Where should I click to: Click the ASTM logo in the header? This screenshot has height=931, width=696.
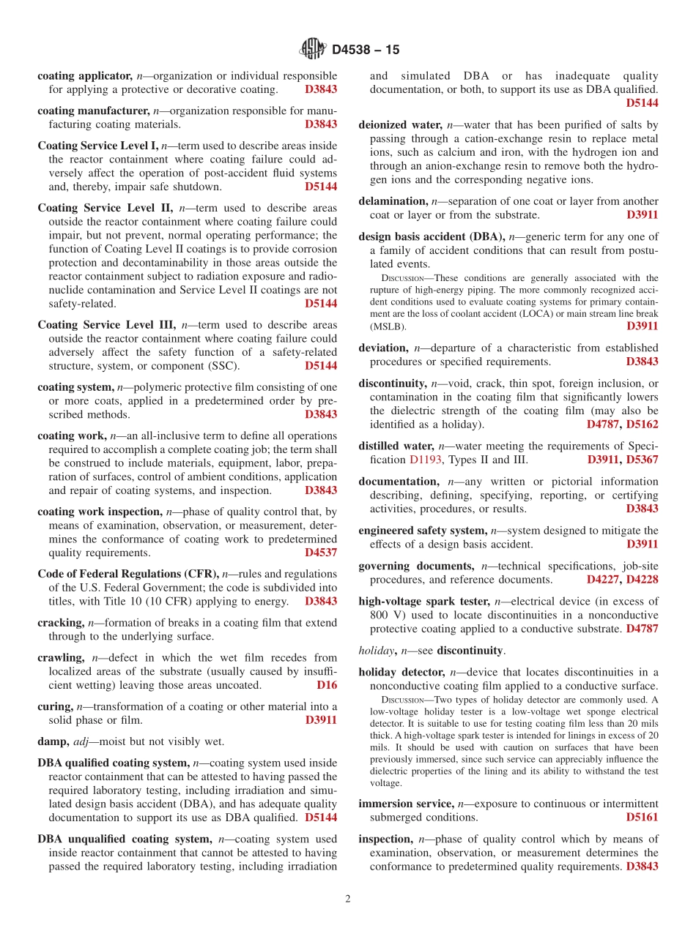pos(313,50)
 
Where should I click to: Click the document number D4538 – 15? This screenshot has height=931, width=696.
pos(366,51)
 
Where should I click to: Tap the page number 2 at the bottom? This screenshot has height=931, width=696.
pos(348,900)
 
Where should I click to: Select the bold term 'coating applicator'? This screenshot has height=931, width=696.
pos(85,75)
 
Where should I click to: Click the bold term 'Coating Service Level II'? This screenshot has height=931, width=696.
pos(105,208)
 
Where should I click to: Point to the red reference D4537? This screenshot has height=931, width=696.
pos(321,553)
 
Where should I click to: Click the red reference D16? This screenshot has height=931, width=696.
pos(327,685)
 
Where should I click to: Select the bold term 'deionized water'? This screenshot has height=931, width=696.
pos(400,124)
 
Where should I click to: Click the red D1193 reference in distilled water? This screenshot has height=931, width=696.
pos(426,460)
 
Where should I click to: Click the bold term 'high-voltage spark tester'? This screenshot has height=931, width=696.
pos(424,601)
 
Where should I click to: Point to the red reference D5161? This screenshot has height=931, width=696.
pos(642,817)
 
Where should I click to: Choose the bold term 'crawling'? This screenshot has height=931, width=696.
pos(61,658)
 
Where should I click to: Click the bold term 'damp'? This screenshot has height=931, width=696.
pos(53,741)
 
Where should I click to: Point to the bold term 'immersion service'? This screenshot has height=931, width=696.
pos(406,803)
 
